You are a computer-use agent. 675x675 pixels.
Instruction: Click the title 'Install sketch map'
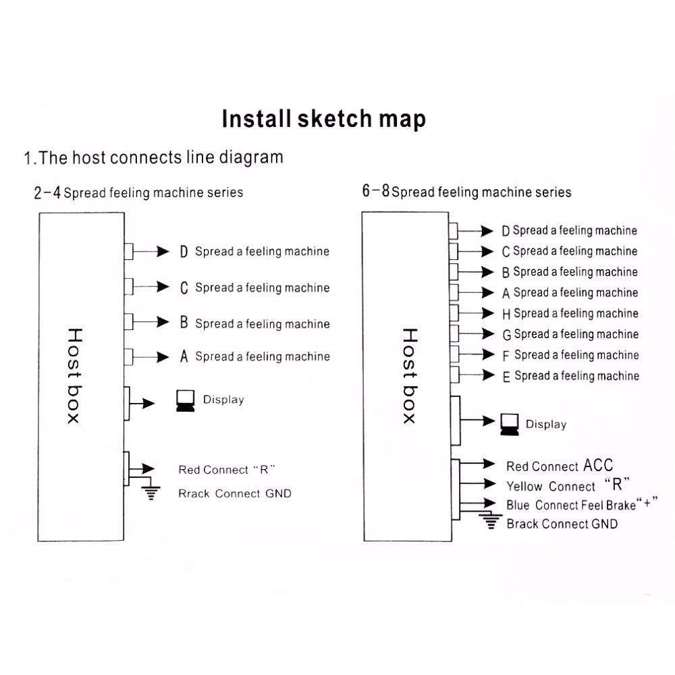(x=324, y=119)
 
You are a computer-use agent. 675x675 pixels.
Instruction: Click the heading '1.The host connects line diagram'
(x=154, y=157)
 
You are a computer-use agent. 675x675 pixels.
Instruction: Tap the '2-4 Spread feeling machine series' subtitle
(x=138, y=192)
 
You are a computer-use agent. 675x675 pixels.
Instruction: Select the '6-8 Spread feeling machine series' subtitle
(x=466, y=191)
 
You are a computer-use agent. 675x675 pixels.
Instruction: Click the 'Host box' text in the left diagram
(x=74, y=376)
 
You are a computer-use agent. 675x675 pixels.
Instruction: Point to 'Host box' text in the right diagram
(x=410, y=376)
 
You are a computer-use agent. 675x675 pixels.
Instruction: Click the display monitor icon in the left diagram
(x=186, y=401)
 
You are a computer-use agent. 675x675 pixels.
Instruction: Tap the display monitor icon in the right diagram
(x=510, y=425)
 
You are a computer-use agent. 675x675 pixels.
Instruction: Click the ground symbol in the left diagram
(x=151, y=493)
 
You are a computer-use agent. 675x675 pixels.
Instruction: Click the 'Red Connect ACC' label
(x=560, y=465)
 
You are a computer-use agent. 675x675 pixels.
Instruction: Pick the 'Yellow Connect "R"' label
(x=568, y=485)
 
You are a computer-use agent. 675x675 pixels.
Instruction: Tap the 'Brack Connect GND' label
(x=562, y=524)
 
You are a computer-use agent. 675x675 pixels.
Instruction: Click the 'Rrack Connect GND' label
(x=235, y=493)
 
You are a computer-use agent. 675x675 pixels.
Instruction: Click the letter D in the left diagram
(x=184, y=252)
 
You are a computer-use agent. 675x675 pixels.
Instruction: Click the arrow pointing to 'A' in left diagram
(x=151, y=357)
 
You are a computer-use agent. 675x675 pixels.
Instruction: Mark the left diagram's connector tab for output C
(x=129, y=286)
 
